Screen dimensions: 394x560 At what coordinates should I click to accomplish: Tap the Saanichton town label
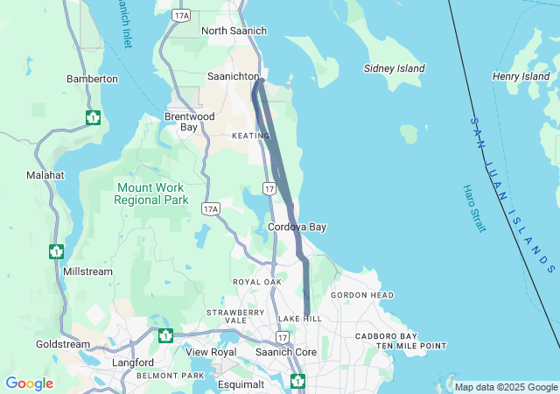[x=233, y=76]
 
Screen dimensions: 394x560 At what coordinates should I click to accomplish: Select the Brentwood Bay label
[x=190, y=122]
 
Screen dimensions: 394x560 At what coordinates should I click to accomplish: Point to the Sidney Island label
[x=395, y=68]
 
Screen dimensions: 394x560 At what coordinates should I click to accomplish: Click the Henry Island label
[x=521, y=77]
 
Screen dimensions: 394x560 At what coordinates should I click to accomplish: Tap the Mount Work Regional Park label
[x=151, y=193]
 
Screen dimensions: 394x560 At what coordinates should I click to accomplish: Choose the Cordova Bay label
[x=297, y=227]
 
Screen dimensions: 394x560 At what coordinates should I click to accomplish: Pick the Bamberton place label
[x=92, y=79]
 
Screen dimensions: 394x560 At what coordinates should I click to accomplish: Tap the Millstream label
[x=87, y=271]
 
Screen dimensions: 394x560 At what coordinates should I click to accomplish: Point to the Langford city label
[x=133, y=362]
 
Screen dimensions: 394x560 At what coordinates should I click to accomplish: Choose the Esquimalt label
[x=240, y=384]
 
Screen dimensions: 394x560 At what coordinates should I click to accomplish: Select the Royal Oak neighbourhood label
[x=257, y=282]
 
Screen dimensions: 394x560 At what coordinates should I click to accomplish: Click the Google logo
[x=29, y=383]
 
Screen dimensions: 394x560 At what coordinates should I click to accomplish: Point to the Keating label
[x=251, y=136]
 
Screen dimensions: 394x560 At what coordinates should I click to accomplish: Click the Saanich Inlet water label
[x=122, y=25]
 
